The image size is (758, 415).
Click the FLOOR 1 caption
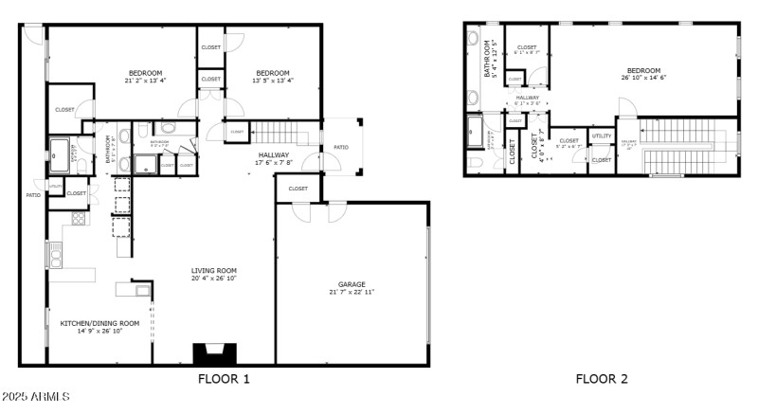[224, 379]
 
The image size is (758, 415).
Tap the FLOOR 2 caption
[602, 379]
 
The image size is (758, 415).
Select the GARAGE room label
[352, 284]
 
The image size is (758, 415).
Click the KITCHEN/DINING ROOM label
[99, 323]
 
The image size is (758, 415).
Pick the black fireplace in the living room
[212, 353]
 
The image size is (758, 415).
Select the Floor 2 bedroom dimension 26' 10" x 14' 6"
[643, 78]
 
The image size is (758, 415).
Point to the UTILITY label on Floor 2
[602, 136]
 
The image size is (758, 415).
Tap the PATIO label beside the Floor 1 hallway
[339, 147]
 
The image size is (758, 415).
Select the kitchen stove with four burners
[79, 218]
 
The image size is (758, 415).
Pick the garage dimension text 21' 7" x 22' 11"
[352, 292]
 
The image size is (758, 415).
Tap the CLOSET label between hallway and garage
[298, 189]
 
